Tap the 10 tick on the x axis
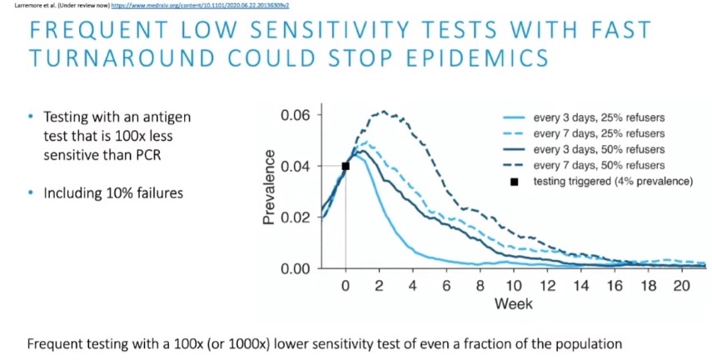pyautogui.click(x=515, y=286)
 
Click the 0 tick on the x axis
pyautogui.click(x=346, y=286)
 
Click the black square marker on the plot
pyautogui.click(x=346, y=166)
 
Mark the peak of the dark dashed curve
pyautogui.click(x=383, y=111)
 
